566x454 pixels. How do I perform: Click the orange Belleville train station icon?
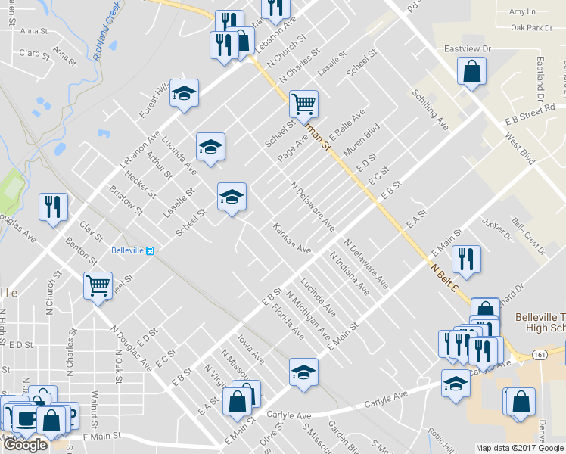(151, 251)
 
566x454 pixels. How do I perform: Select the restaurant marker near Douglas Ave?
(53, 207)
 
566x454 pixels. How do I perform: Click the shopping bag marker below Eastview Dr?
(471, 72)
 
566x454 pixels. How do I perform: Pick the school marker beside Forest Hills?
(184, 93)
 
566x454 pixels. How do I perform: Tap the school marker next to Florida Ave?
(303, 372)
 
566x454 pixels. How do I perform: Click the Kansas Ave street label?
(292, 238)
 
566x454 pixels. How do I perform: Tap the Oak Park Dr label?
(531, 28)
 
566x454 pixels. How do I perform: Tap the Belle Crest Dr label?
(528, 235)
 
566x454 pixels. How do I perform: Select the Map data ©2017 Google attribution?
(519, 448)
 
